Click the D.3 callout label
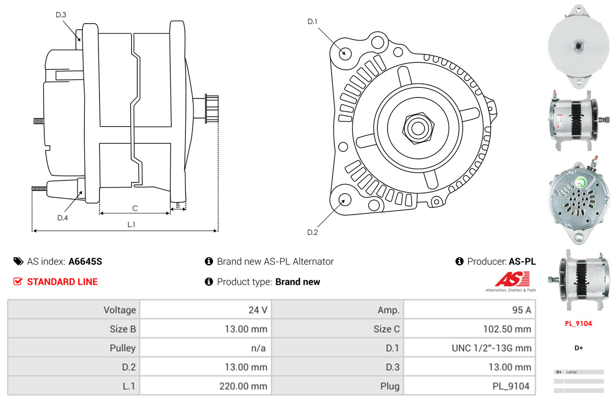61,15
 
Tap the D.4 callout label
62,218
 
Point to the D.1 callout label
312,22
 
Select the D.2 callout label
312,232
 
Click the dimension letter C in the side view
135,209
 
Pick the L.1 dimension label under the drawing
131,225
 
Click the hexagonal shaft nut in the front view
418,128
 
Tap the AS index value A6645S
85,261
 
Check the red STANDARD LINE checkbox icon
18,281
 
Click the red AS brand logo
512,279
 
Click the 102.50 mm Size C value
507,329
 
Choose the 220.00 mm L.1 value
243,386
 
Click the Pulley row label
123,348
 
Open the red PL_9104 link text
578,324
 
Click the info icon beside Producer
459,261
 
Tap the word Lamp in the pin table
571,372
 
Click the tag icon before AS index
19,261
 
